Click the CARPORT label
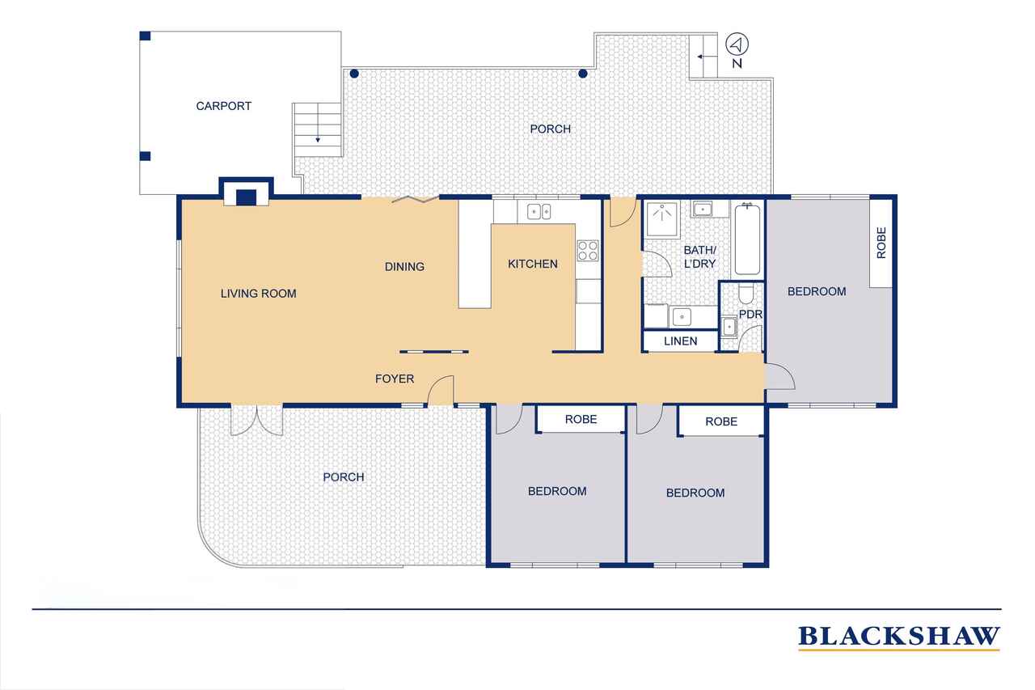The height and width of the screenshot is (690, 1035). pyautogui.click(x=224, y=106)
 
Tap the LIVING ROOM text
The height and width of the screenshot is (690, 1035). pyautogui.click(x=258, y=294)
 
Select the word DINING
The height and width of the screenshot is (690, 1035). pyautogui.click(x=404, y=267)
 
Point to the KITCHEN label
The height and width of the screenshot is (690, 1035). pyautogui.click(x=532, y=264)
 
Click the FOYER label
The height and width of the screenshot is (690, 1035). pyautogui.click(x=394, y=379)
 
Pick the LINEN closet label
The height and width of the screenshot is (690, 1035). pyautogui.click(x=680, y=341)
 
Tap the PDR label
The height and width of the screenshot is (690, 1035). pyautogui.click(x=750, y=315)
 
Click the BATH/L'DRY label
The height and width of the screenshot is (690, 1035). pyautogui.click(x=699, y=257)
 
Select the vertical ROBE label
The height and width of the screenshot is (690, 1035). pyautogui.click(x=881, y=243)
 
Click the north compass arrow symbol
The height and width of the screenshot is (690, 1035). pyautogui.click(x=737, y=44)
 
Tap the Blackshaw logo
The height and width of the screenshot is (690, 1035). pyautogui.click(x=898, y=637)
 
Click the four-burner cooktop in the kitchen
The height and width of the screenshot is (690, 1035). pyautogui.click(x=588, y=251)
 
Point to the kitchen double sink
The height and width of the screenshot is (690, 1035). pyautogui.click(x=539, y=212)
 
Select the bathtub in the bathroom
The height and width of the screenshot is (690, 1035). pyautogui.click(x=747, y=239)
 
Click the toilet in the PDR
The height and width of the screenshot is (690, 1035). pyautogui.click(x=746, y=294)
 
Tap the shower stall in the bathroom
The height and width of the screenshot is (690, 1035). pyautogui.click(x=662, y=220)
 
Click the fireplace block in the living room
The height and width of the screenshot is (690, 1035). pyautogui.click(x=247, y=197)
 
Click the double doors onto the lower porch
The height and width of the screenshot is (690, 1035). pyautogui.click(x=257, y=421)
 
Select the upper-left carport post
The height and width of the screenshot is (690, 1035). pyautogui.click(x=145, y=36)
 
